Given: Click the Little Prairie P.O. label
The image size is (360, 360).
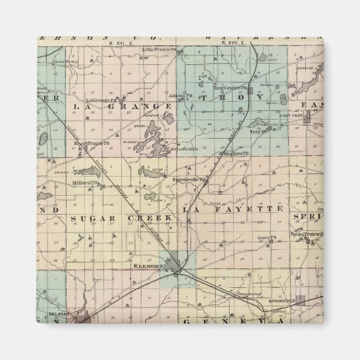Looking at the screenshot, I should pyautogui.click(x=158, y=49).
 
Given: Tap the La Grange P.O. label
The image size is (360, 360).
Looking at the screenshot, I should pyautogui.click(x=98, y=85).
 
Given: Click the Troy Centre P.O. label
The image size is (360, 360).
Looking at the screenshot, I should pyautogui.click(x=229, y=87).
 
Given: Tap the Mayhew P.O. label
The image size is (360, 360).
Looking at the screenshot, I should pyautogui.click(x=236, y=152).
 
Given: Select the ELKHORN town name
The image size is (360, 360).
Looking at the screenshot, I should pyautogui.click(x=153, y=267).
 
